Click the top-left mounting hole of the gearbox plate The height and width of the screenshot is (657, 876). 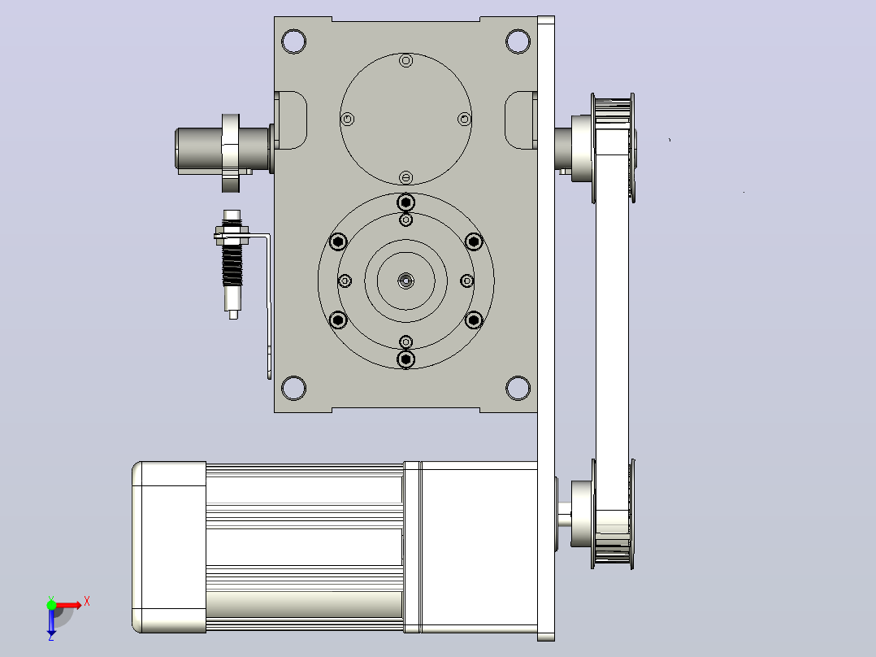(294, 41)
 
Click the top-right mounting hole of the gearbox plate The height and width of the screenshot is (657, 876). (518, 41)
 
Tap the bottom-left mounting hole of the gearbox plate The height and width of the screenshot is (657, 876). (294, 388)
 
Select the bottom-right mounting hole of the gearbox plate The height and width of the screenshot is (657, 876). (518, 388)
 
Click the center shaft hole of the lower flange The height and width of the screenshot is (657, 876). (406, 281)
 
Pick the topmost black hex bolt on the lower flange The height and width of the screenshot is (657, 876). (406, 202)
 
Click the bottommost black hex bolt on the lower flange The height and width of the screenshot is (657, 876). (406, 359)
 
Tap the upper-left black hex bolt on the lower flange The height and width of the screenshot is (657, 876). (338, 241)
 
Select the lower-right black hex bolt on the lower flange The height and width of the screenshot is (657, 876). (474, 320)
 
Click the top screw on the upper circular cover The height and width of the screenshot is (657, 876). (406, 60)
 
